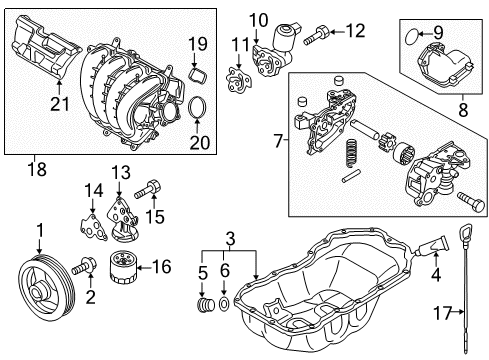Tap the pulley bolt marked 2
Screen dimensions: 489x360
84,267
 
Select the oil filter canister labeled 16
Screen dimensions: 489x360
123,268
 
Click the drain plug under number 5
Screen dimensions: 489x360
206,305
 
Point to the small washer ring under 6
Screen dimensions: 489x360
224,304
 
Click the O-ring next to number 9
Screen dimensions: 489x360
412,36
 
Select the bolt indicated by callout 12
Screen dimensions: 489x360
317,36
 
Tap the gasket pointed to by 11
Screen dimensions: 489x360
239,78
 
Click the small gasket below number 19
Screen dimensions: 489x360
198,75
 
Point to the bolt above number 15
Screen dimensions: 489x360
148,189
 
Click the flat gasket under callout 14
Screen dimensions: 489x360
93,228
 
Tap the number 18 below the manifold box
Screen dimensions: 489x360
37,168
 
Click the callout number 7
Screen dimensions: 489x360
278,141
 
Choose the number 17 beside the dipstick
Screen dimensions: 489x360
442,313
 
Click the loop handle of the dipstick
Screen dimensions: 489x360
465,232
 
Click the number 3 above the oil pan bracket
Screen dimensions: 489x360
230,239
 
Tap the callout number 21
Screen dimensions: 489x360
60,103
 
